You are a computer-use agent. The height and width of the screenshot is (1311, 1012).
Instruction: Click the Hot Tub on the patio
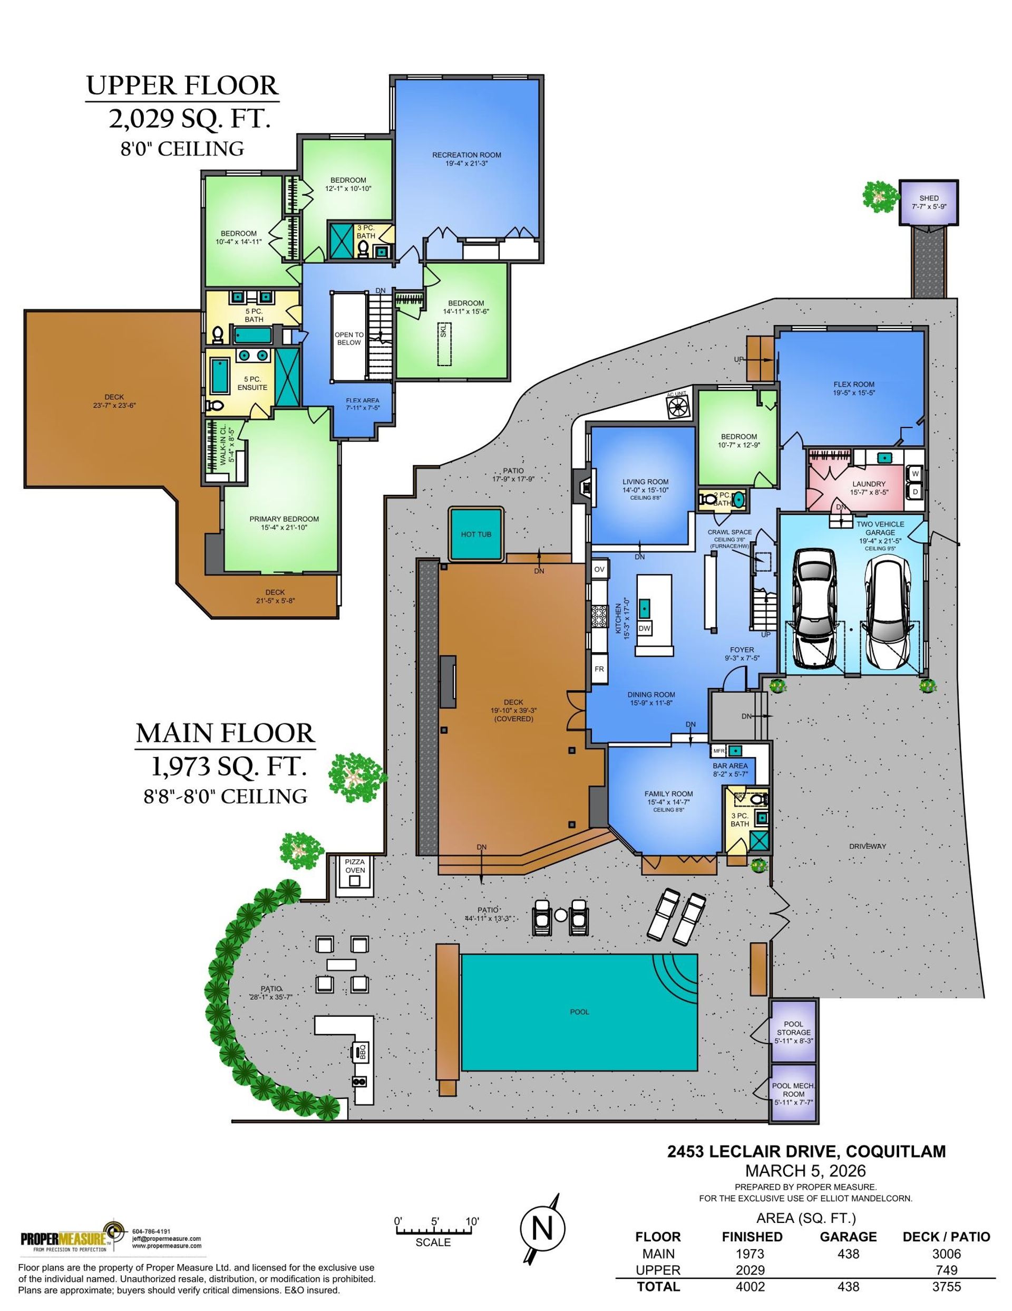click(476, 534)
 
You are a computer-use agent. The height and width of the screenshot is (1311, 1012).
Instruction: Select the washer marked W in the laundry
click(916, 473)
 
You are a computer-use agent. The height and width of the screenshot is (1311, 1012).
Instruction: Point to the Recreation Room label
click(466, 158)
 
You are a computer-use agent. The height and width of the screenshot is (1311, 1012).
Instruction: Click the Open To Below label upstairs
click(348, 339)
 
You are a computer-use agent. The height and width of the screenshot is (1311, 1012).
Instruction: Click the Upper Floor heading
click(182, 86)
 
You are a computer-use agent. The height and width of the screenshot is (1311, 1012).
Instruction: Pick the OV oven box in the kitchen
click(599, 569)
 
